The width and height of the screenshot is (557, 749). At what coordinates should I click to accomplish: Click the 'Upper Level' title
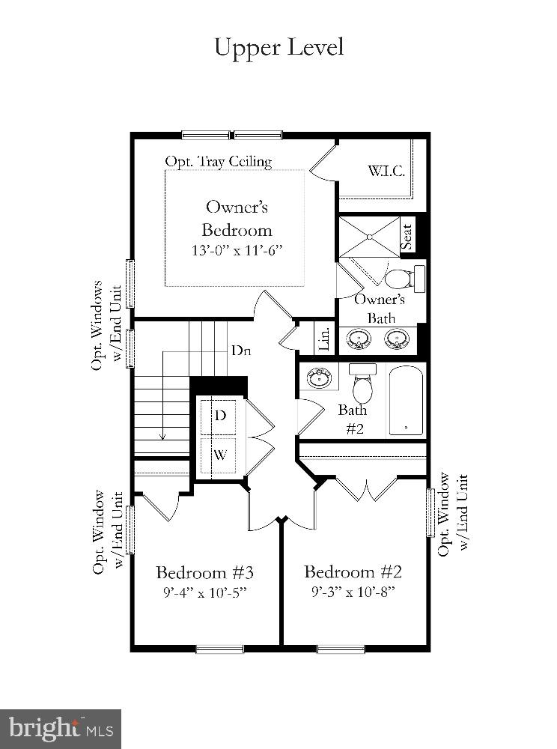point(278,46)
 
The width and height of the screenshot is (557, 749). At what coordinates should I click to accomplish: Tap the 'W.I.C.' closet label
point(386,171)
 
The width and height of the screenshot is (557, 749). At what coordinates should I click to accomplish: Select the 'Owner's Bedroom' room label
point(237,218)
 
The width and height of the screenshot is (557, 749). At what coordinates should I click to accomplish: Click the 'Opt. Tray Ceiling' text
point(218,161)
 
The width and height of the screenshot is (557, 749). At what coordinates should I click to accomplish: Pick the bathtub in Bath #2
point(406,400)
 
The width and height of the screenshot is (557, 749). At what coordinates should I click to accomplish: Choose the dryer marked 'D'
point(221,416)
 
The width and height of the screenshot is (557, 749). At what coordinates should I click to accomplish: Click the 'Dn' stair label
point(240,350)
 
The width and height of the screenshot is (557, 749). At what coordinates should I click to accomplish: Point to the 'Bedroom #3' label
point(204,573)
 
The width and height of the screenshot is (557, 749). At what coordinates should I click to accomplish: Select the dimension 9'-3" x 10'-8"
point(353,592)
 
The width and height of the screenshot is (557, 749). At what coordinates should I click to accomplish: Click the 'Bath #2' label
point(353,419)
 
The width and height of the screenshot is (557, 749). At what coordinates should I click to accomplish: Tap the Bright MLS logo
point(61,728)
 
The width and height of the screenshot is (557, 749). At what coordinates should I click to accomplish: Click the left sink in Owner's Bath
point(360,340)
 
